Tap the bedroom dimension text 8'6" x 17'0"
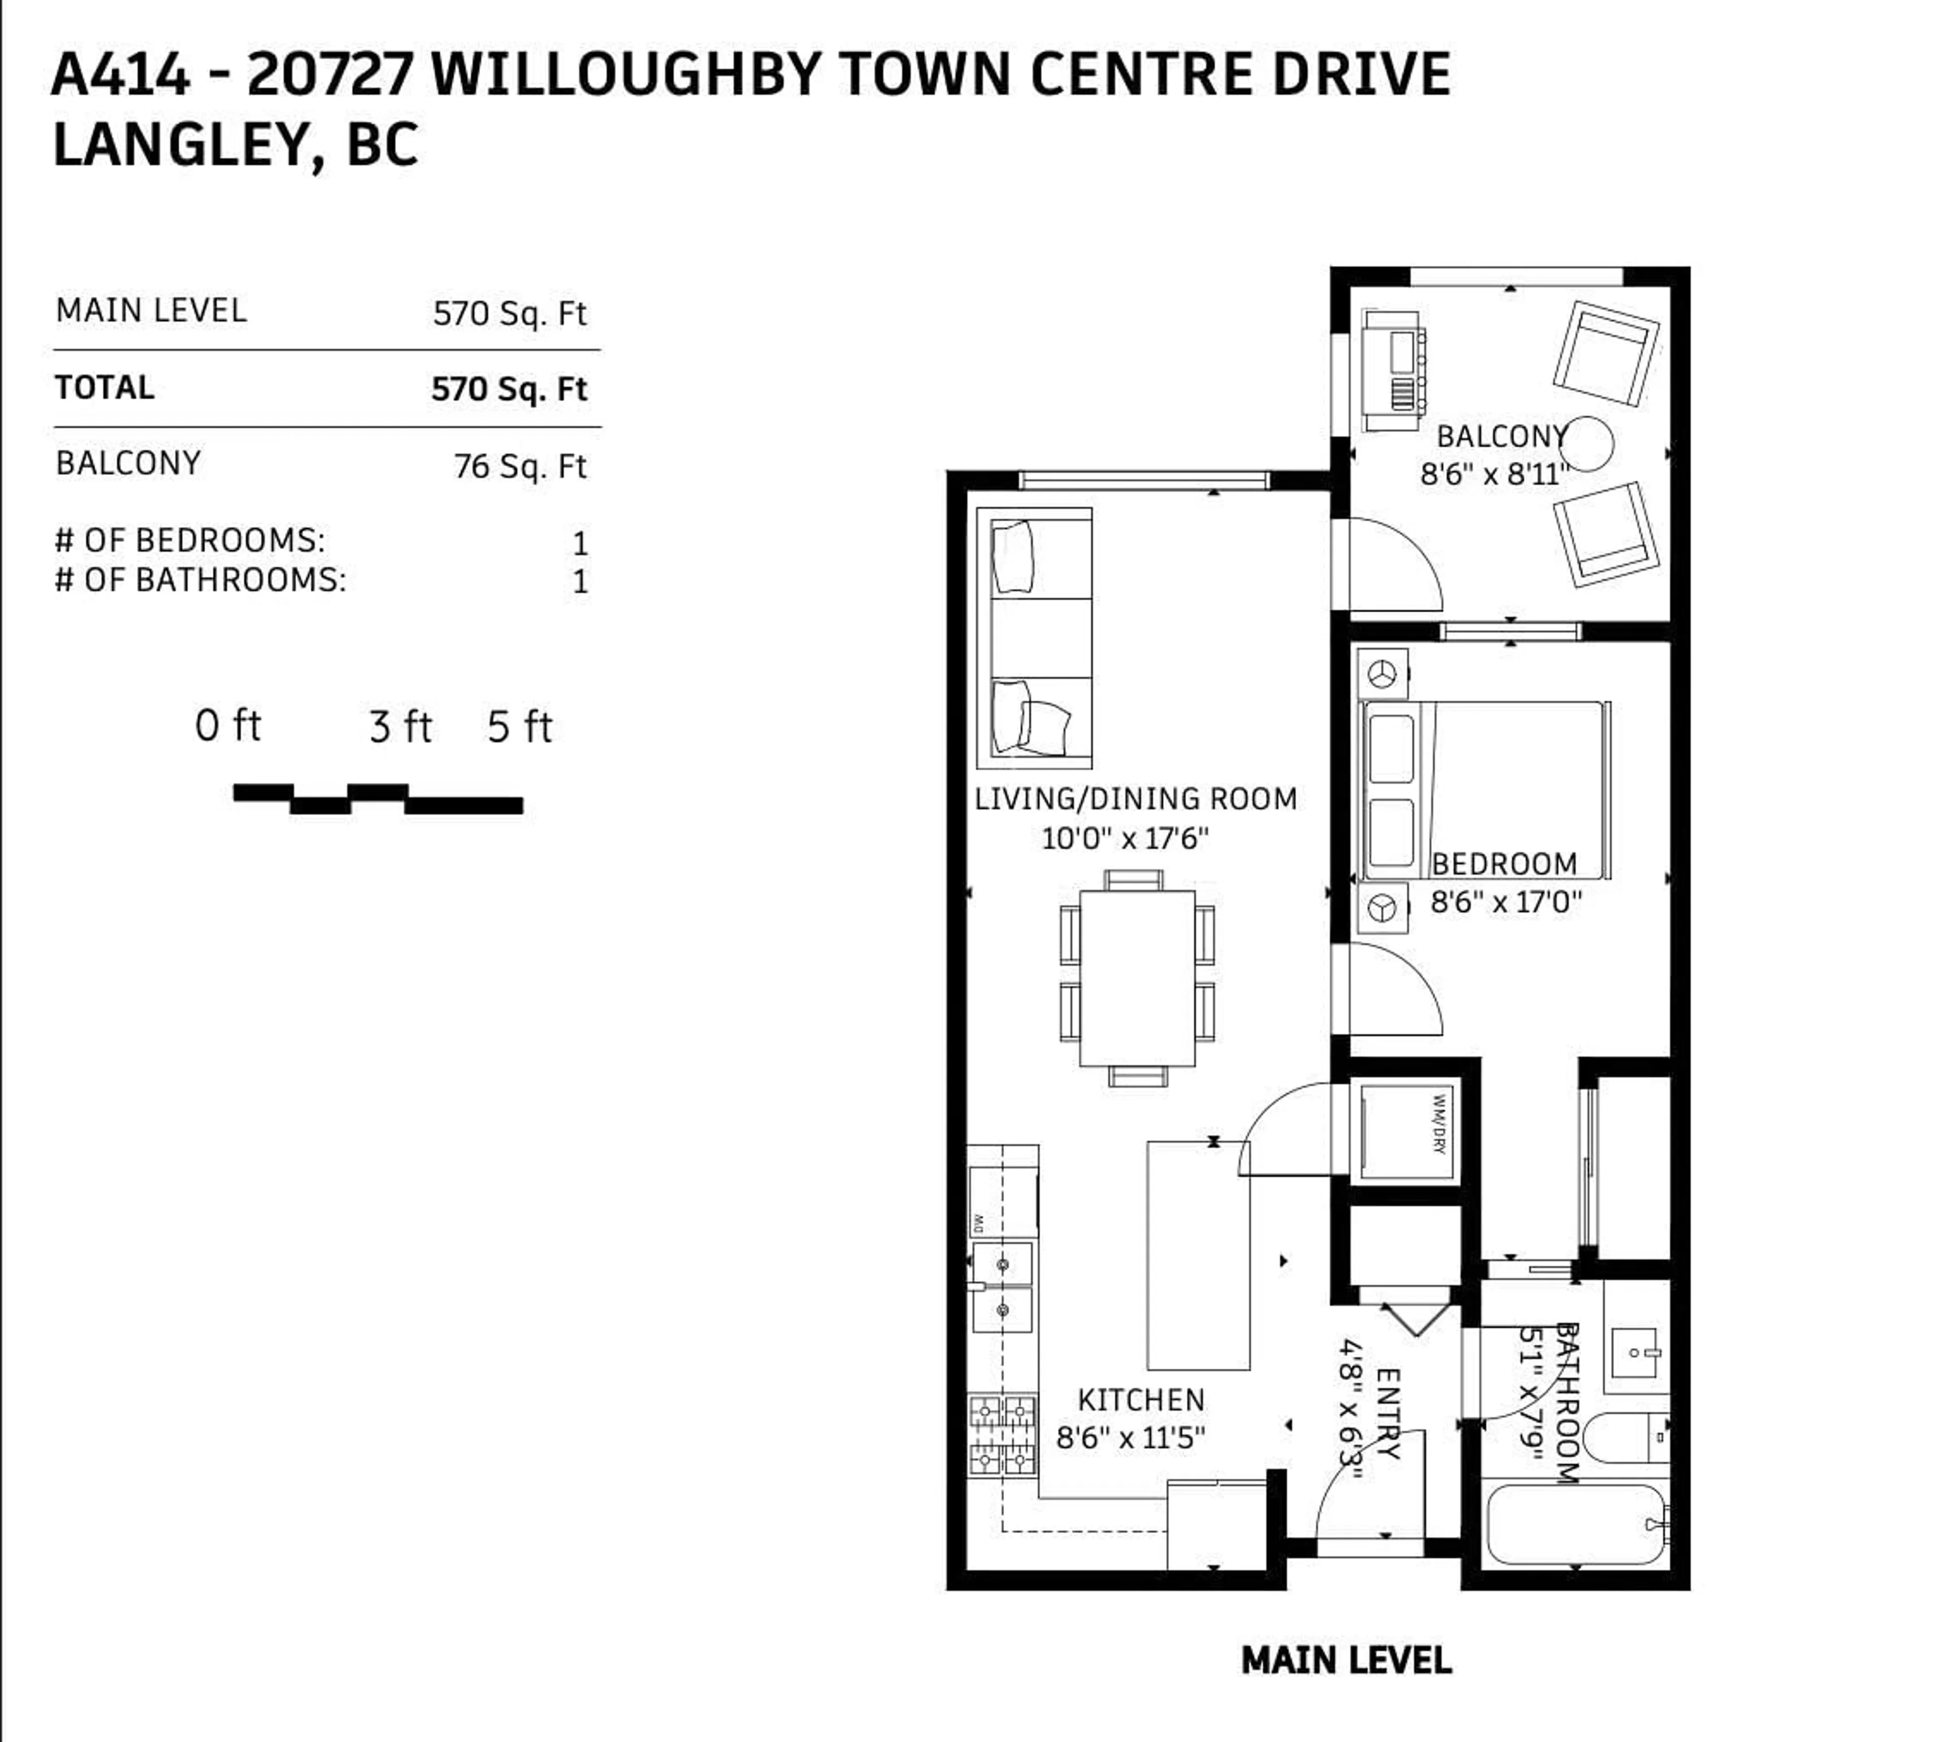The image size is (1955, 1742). pos(1505,902)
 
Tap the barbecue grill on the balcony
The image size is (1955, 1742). pos(1393,371)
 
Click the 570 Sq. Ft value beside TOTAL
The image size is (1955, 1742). pos(509,389)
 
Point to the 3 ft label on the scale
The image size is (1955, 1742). pos(400,727)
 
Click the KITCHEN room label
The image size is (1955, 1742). pos(1140,1400)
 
